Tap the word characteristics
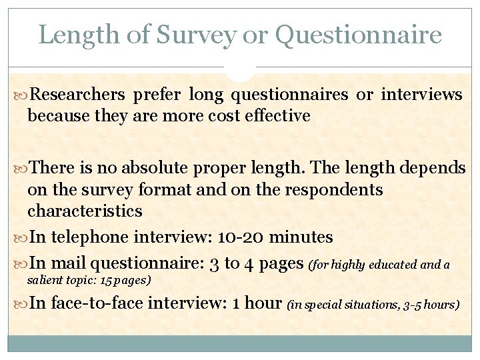tap(85, 211)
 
